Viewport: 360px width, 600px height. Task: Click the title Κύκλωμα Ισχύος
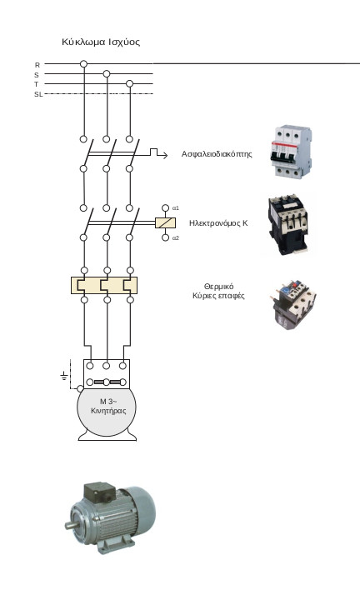pyautogui.click(x=101, y=42)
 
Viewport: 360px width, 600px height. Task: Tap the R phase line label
pyautogui.click(x=37, y=65)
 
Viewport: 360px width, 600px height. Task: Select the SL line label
pyautogui.click(x=38, y=94)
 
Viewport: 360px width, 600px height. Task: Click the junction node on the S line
pyautogui.click(x=107, y=73)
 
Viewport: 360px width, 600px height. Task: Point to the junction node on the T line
pyautogui.click(x=130, y=83)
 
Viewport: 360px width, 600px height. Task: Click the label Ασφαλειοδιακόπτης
pyautogui.click(x=217, y=154)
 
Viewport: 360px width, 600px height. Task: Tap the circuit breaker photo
pyautogui.click(x=291, y=152)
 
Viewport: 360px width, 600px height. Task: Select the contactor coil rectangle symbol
pyautogui.click(x=165, y=222)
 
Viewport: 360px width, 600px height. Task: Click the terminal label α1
pyautogui.click(x=176, y=208)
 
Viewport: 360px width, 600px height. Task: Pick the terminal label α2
pyautogui.click(x=176, y=238)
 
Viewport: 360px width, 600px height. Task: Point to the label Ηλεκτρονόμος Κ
pyautogui.click(x=218, y=223)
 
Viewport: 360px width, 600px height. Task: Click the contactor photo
pyautogui.click(x=288, y=225)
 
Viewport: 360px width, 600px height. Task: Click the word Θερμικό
pyautogui.click(x=219, y=287)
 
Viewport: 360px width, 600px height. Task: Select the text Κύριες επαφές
pyautogui.click(x=218, y=296)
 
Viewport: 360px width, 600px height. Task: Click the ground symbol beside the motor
pyautogui.click(x=64, y=376)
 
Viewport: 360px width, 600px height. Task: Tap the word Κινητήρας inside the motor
pyautogui.click(x=108, y=411)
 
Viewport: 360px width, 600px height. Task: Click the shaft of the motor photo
pyautogui.click(x=71, y=525)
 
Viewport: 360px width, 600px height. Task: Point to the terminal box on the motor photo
pyautogui.click(x=99, y=492)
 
